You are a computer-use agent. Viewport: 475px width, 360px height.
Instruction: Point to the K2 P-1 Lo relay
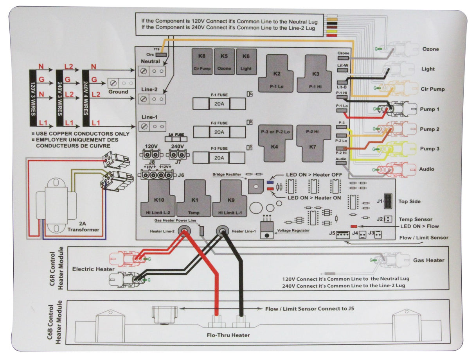coord(277,74)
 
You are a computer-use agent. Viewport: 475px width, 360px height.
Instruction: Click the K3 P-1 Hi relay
coord(316,74)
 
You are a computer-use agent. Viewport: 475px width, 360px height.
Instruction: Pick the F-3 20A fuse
coord(220,158)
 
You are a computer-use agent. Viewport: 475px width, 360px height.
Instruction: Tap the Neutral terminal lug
coord(153,71)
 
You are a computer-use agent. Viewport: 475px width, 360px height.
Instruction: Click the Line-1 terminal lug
coord(153,126)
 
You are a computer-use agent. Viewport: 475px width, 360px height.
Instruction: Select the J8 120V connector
coord(151,154)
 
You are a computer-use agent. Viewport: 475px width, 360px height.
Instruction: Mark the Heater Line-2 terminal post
coord(182,231)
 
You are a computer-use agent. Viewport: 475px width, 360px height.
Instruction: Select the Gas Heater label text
coord(428,260)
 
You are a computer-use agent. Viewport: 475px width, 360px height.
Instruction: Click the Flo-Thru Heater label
coord(228,335)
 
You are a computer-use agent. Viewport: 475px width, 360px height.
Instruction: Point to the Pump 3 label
coord(429,149)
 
